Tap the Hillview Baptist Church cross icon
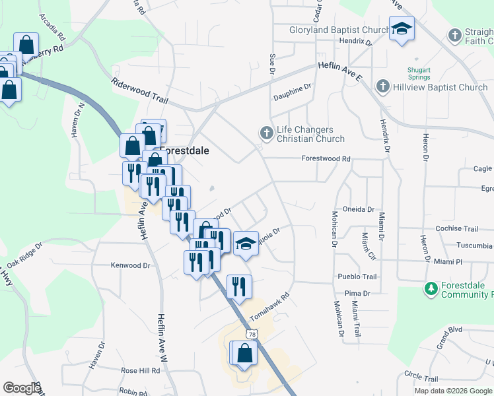tap(382, 87)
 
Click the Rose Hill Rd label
tap(141, 371)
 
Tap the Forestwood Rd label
tap(326, 159)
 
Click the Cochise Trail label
tap(457, 229)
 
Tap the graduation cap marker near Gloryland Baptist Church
tap(402, 29)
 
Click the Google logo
tap(21, 388)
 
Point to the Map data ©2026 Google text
tap(454, 391)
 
